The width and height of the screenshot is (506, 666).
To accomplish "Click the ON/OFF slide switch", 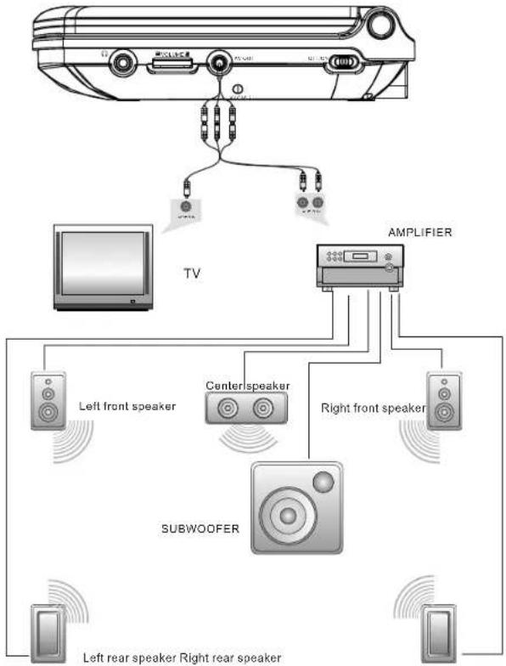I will point(345,64).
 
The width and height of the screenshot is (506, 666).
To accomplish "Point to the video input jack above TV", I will point(187,206).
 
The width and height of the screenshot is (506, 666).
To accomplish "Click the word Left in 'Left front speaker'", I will point(90,406).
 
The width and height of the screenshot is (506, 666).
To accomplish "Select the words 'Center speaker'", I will point(248,386).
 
